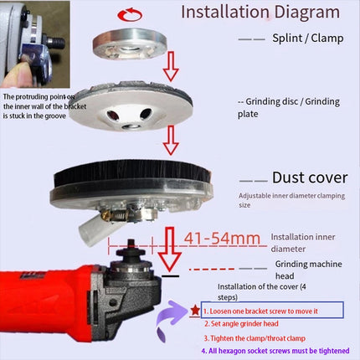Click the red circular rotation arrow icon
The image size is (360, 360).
coord(130,14)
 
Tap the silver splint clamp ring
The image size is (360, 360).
coord(130,44)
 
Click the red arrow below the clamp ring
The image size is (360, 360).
coord(171,66)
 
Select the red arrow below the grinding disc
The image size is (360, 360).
coord(171,140)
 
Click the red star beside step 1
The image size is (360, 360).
coord(195,310)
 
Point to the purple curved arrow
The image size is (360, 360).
coord(170,318)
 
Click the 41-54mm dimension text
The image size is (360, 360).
coord(222,238)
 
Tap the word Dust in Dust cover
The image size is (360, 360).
coord(288,177)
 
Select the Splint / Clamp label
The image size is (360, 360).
coord(308,39)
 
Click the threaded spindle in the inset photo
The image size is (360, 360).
coord(56,43)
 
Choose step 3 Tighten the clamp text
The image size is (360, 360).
coord(255,338)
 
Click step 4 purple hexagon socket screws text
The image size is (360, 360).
coord(275,351)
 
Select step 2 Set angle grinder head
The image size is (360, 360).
coord(241,324)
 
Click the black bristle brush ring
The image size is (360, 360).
coord(131,173)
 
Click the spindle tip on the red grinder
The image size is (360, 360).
coord(131,243)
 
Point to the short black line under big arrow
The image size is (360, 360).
coord(170,276)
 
